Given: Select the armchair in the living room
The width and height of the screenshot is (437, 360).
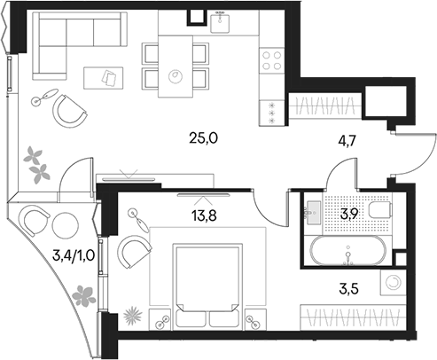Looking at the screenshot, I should tap(67, 110).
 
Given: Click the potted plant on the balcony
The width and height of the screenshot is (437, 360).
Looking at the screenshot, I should tap(84, 293).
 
